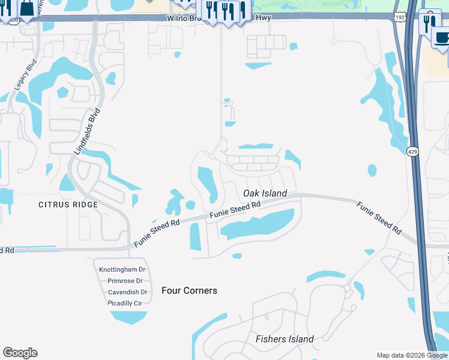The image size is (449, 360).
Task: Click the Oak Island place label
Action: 265,193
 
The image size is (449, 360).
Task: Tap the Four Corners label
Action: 189,290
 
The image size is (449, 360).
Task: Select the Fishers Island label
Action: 285,339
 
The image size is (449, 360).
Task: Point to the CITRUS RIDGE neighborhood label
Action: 68,205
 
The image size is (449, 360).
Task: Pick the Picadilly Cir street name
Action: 124,303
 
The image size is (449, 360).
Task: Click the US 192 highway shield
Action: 399,17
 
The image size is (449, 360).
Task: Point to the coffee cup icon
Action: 441,38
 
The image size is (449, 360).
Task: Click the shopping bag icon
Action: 27,8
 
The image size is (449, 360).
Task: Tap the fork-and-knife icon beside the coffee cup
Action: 429,22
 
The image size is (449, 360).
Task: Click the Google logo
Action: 20,353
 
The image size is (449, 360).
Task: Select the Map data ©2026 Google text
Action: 411,355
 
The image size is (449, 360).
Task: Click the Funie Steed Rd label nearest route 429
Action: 379,217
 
